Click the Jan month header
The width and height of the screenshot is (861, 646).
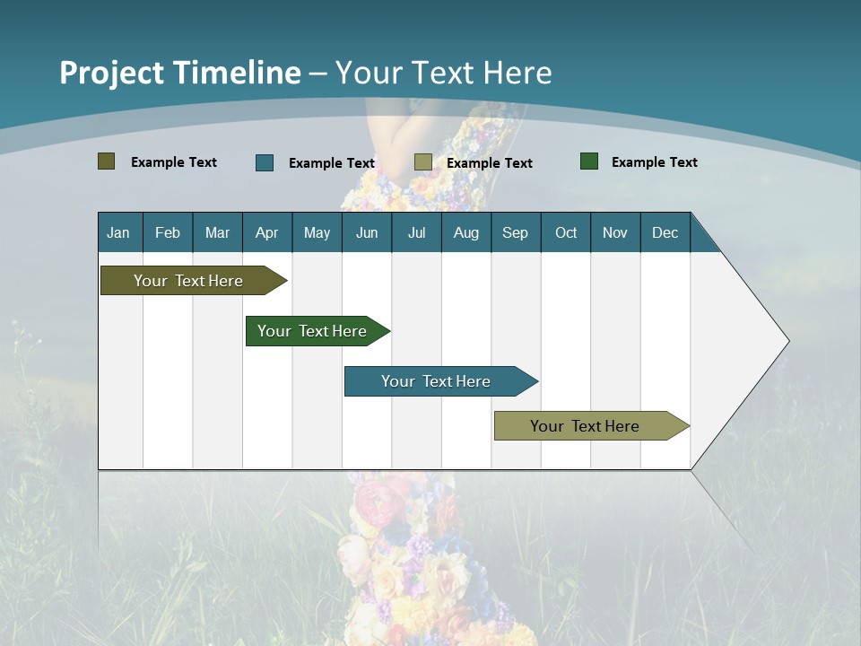(x=119, y=232)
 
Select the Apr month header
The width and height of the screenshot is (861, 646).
(x=267, y=232)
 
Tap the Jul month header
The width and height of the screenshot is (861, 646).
(x=416, y=232)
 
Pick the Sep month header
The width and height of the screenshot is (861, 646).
(x=515, y=232)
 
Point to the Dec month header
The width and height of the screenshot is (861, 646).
(x=665, y=232)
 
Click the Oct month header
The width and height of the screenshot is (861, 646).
(x=566, y=232)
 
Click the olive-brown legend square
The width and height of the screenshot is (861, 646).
(x=106, y=161)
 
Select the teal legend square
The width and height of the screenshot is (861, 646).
(x=265, y=162)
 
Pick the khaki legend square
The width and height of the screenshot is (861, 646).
(x=423, y=162)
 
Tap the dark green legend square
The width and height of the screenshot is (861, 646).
(x=589, y=161)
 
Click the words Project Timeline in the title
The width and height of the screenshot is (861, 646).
(x=179, y=73)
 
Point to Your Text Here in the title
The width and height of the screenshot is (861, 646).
(x=444, y=73)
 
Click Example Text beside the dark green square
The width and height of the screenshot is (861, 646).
(x=654, y=162)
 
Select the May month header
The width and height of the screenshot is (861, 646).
(x=317, y=232)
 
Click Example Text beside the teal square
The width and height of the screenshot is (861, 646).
(x=331, y=163)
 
